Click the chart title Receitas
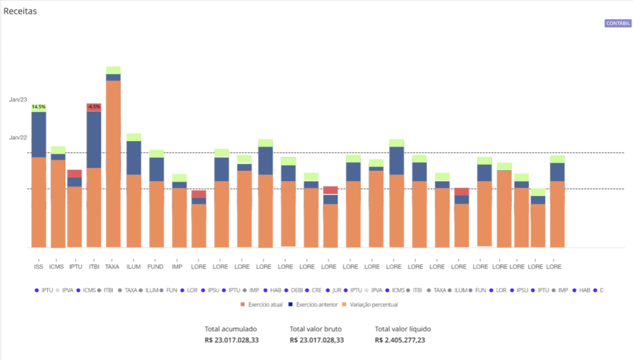point(20,11)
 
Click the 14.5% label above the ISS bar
point(38,107)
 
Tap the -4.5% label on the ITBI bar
point(94,107)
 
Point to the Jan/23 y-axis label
point(18,99)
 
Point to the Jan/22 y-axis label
point(18,137)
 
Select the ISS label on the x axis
point(38,267)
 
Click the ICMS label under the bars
point(56,267)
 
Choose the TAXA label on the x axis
point(112,267)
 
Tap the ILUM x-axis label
point(133,267)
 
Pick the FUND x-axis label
point(156,267)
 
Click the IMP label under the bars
point(177,267)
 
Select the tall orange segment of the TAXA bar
point(113,165)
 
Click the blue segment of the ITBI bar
point(94,139)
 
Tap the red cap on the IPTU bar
point(75,173)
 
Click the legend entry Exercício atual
point(264,305)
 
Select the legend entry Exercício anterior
point(316,305)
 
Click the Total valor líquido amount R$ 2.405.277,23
point(400,340)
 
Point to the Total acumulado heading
point(230,329)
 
